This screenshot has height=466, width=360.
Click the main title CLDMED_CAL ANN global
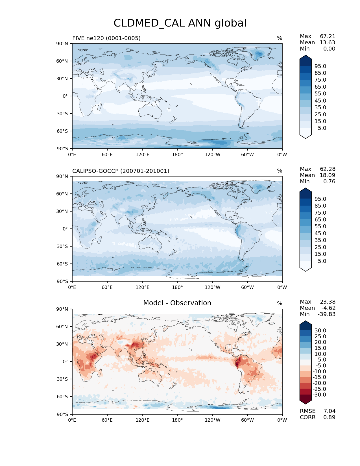coord(180,23)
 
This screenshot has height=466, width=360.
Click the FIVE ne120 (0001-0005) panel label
coord(106,38)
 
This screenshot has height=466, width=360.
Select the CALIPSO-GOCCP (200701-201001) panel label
coord(121,171)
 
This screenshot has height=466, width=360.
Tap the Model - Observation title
coord(177,303)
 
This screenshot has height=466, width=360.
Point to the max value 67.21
coord(328,36)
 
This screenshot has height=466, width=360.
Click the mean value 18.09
coord(328,175)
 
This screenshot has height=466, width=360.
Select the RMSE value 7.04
coord(329,411)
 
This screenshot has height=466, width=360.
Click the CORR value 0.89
coord(329,417)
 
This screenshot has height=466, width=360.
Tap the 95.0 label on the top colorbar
coord(320,66)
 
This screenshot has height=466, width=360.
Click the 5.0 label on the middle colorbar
coord(322,261)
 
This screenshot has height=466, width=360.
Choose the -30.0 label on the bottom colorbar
coord(319,395)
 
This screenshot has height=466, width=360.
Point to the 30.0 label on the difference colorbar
coord(320,331)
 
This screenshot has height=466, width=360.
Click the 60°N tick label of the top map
coord(62,61)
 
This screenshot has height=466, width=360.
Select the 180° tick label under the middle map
coord(177,288)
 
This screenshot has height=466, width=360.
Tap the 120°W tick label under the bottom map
coord(212,420)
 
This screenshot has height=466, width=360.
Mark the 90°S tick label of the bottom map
coord(62,414)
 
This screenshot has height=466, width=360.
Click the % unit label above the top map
coord(280,38)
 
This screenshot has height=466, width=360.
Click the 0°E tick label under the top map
coord(72,155)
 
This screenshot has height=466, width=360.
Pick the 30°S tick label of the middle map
coord(62,246)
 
